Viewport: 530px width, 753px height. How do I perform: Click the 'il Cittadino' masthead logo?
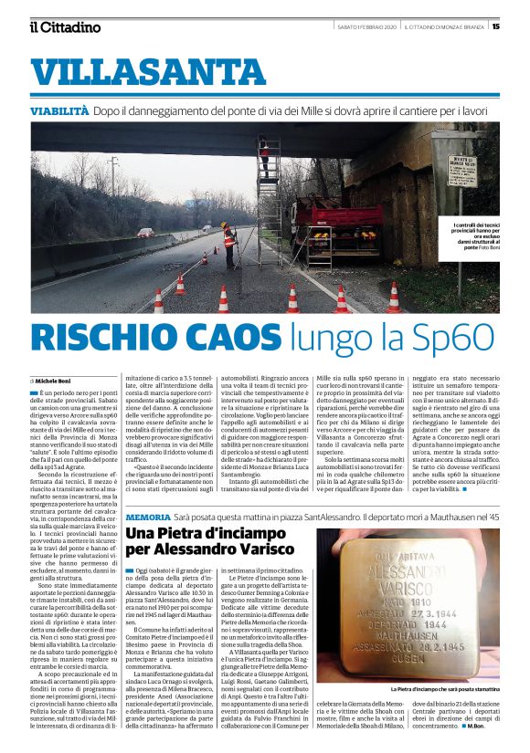tap(64, 26)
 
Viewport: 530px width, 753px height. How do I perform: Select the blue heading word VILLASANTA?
tap(134, 71)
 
